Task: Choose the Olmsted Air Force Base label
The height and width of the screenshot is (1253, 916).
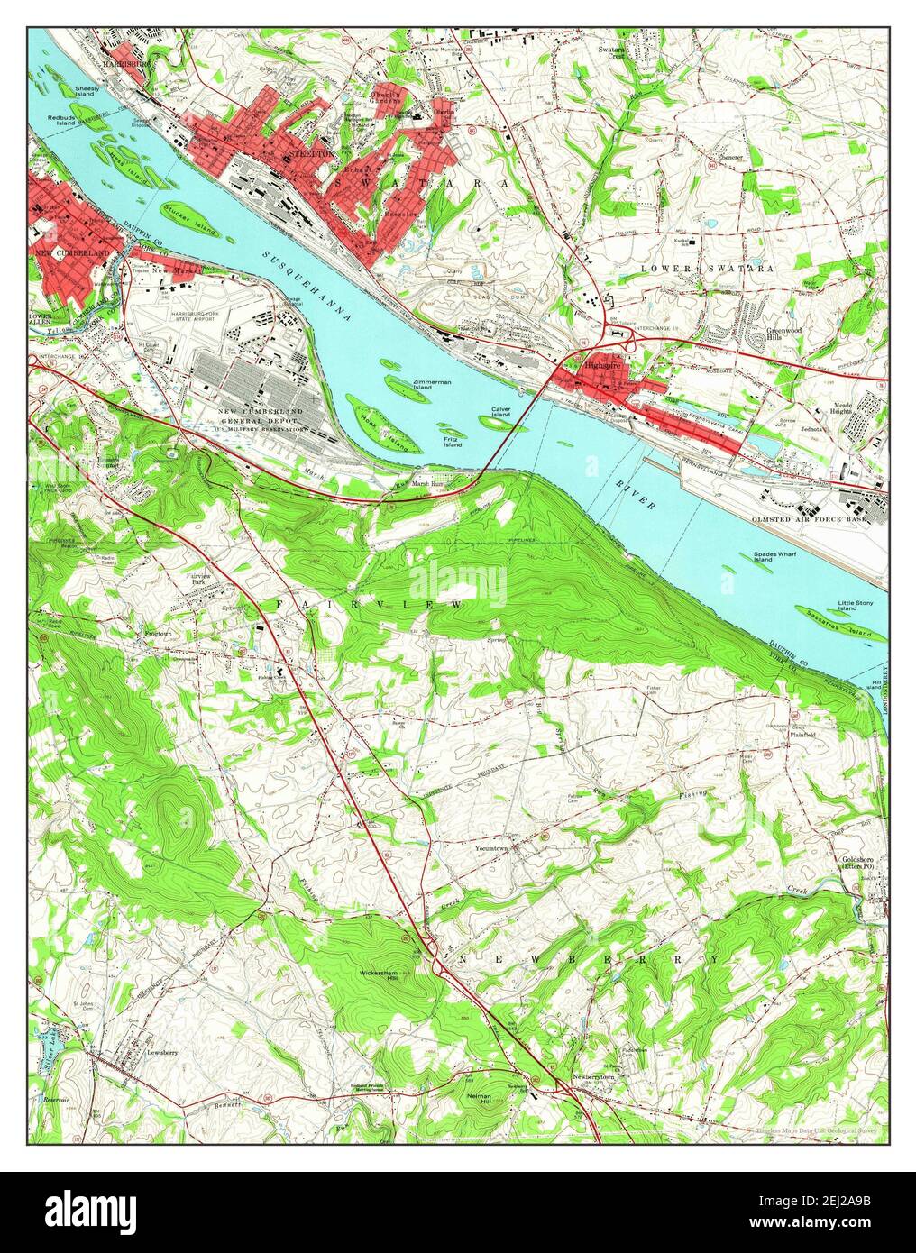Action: tap(811, 519)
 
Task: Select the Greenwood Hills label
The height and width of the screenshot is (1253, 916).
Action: tap(786, 333)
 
